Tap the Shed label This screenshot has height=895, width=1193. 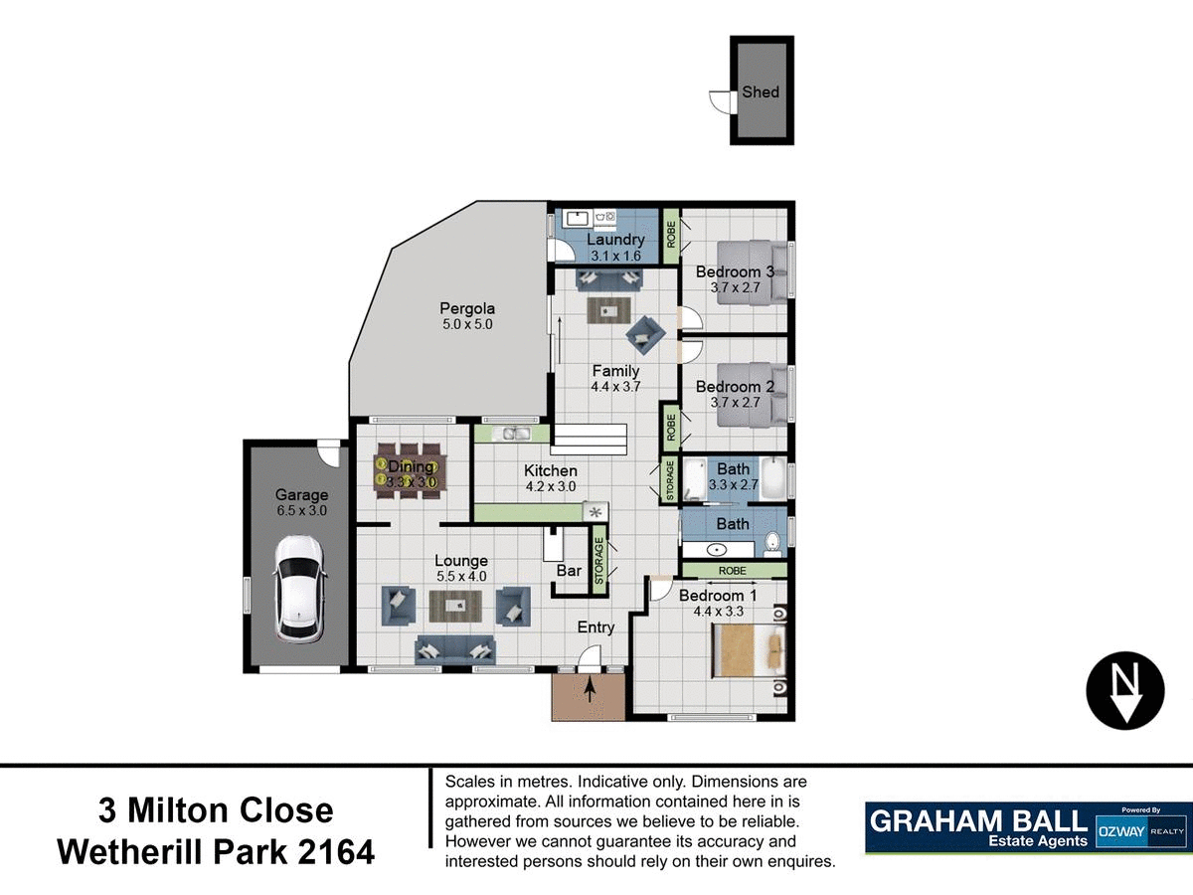click(761, 92)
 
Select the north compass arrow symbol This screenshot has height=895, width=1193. click(1124, 692)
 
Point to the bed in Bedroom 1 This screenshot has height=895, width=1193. click(748, 650)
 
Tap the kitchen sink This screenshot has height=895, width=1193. click(516, 434)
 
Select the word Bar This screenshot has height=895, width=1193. click(569, 571)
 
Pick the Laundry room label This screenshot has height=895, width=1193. click(615, 240)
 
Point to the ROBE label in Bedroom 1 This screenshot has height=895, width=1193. click(733, 571)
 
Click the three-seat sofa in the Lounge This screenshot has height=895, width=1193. click(455, 650)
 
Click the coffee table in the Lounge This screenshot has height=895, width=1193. click(454, 603)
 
